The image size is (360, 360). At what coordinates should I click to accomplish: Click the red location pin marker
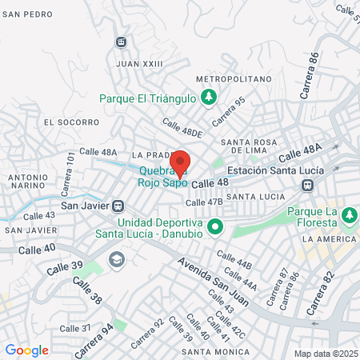(180, 163)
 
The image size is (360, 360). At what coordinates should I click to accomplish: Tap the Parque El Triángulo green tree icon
(209, 98)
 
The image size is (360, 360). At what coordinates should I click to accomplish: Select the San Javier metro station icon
(118, 206)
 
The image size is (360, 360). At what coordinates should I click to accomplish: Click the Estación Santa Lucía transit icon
(306, 186)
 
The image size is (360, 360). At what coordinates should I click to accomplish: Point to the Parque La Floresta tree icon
(348, 214)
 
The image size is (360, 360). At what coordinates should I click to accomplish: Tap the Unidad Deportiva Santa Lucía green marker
(214, 228)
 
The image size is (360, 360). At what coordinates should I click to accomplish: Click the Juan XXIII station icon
(121, 42)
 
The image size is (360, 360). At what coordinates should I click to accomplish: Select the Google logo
(26, 350)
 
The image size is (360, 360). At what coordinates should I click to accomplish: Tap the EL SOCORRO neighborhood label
(71, 122)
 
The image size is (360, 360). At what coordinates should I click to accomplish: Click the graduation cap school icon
(117, 260)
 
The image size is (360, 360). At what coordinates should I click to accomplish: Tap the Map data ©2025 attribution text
(324, 354)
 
